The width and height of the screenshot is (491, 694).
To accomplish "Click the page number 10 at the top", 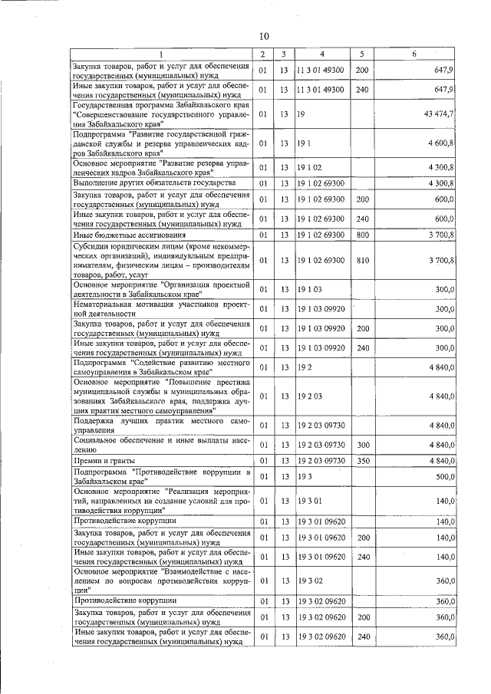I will click(x=263, y=36).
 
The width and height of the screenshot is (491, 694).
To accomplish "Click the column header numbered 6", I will click(x=414, y=54).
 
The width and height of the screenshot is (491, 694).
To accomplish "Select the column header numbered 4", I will click(x=321, y=54).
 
